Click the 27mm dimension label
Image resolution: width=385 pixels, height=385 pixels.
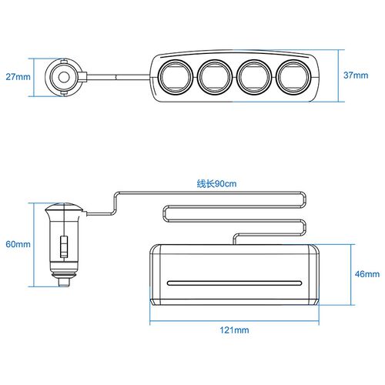click(x=18, y=77)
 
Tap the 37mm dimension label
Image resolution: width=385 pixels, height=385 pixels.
click(x=356, y=75)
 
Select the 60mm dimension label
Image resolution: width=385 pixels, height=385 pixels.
click(x=18, y=244)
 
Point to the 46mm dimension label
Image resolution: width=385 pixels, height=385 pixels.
click(x=367, y=274)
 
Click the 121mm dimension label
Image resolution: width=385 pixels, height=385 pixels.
click(x=234, y=330)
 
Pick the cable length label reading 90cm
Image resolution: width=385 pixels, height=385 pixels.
click(x=216, y=184)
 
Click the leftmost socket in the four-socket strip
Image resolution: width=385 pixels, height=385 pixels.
click(x=176, y=77)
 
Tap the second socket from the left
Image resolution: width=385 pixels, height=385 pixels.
click(x=215, y=77)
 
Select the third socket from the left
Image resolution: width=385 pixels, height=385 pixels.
click(x=253, y=77)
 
